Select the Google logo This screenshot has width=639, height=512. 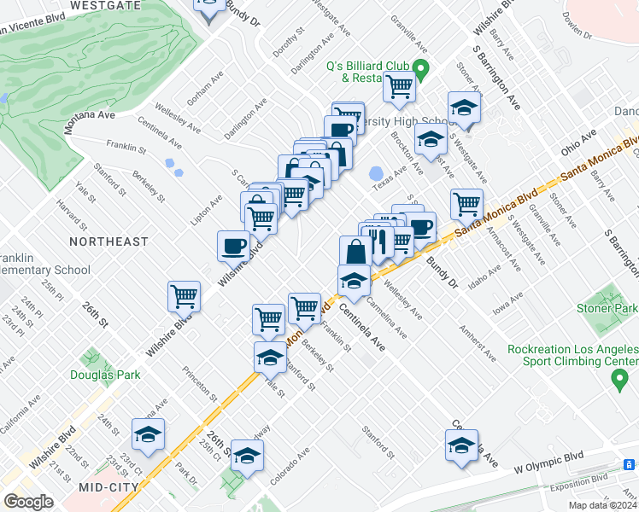click(28, 502)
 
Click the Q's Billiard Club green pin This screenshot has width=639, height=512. click(419, 68)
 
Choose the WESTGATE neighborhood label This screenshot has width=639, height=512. click(104, 5)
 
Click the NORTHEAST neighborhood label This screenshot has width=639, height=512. click(108, 241)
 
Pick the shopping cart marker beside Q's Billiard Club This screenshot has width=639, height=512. click(399, 85)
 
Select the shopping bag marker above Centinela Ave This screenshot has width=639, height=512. click(355, 251)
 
